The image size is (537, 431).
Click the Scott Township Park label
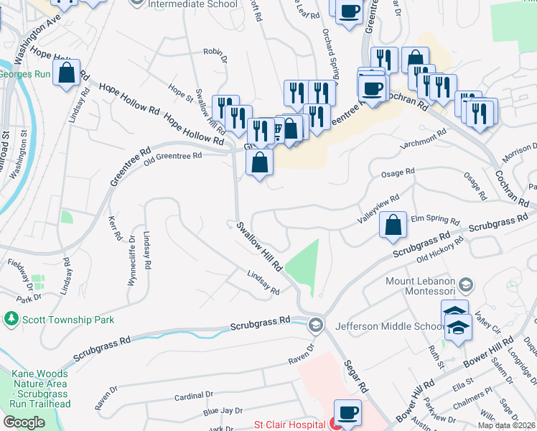coord(69,319)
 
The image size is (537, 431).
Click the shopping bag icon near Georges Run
coord(66,73)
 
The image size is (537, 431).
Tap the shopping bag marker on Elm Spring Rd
coord(393,226)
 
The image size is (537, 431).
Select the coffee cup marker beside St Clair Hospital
coord(348,412)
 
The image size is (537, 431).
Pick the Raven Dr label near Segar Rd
coord(302,353)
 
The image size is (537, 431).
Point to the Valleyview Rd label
coord(379,208)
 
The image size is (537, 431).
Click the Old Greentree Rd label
coord(172,156)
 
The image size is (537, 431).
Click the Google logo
coord(24,422)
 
